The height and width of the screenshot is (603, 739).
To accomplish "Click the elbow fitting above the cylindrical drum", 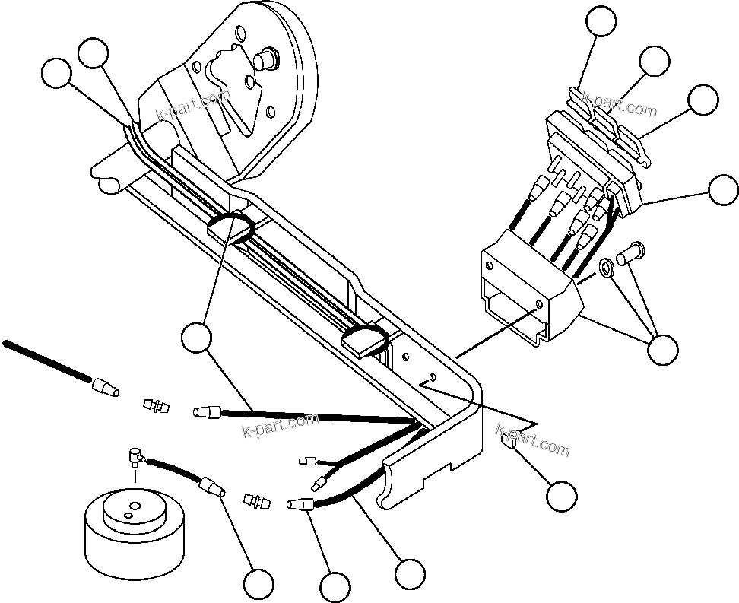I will pos(134,457).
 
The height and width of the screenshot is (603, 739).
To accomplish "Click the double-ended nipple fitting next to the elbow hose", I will pos(256,502).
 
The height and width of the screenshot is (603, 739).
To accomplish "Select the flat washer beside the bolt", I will pos(607,268).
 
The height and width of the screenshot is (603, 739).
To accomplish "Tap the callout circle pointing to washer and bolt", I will pos(662,348).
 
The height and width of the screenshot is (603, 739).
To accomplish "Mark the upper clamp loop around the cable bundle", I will pos(229,226).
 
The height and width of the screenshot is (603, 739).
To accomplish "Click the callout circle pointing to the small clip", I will pos(561,496).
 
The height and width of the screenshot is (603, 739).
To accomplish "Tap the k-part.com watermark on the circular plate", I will pos(192,106).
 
